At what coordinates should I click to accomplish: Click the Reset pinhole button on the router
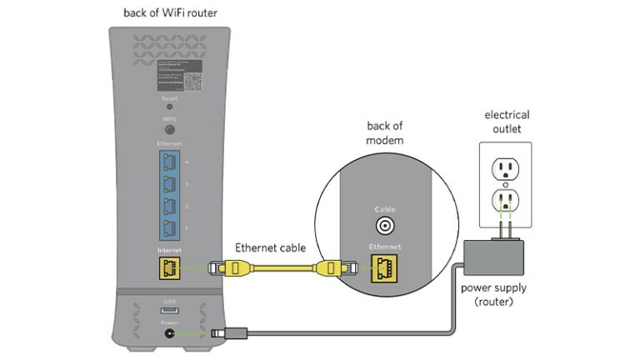[169, 107]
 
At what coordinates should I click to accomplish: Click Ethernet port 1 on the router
[169, 227]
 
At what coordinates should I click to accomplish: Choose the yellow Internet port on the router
[169, 267]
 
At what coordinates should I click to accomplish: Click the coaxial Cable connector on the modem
[384, 225]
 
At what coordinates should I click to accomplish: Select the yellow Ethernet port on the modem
[384, 267]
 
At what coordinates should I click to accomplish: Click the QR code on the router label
[193, 82]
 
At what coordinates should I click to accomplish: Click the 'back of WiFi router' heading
[171, 12]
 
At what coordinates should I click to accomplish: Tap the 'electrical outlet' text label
[507, 121]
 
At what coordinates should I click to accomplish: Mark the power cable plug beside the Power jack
[221, 332]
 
